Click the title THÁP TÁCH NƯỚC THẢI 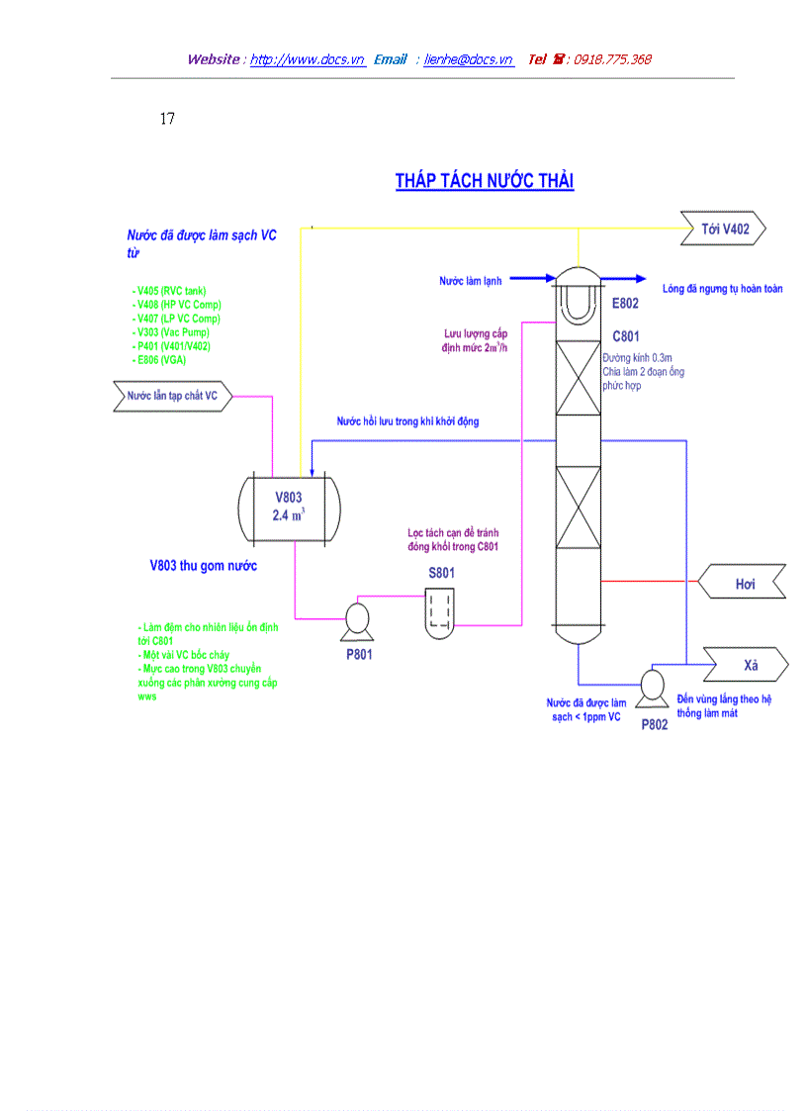[x=485, y=181]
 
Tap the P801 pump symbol [x=356, y=621]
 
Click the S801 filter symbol [x=441, y=609]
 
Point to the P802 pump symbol [x=653, y=686]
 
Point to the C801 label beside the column [x=626, y=336]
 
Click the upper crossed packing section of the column [x=575, y=378]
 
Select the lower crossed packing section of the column [x=575, y=507]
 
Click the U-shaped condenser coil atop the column [x=575, y=301]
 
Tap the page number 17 [x=167, y=120]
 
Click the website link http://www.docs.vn [x=308, y=59]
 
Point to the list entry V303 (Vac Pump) [x=171, y=332]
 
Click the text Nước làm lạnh [x=470, y=281]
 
